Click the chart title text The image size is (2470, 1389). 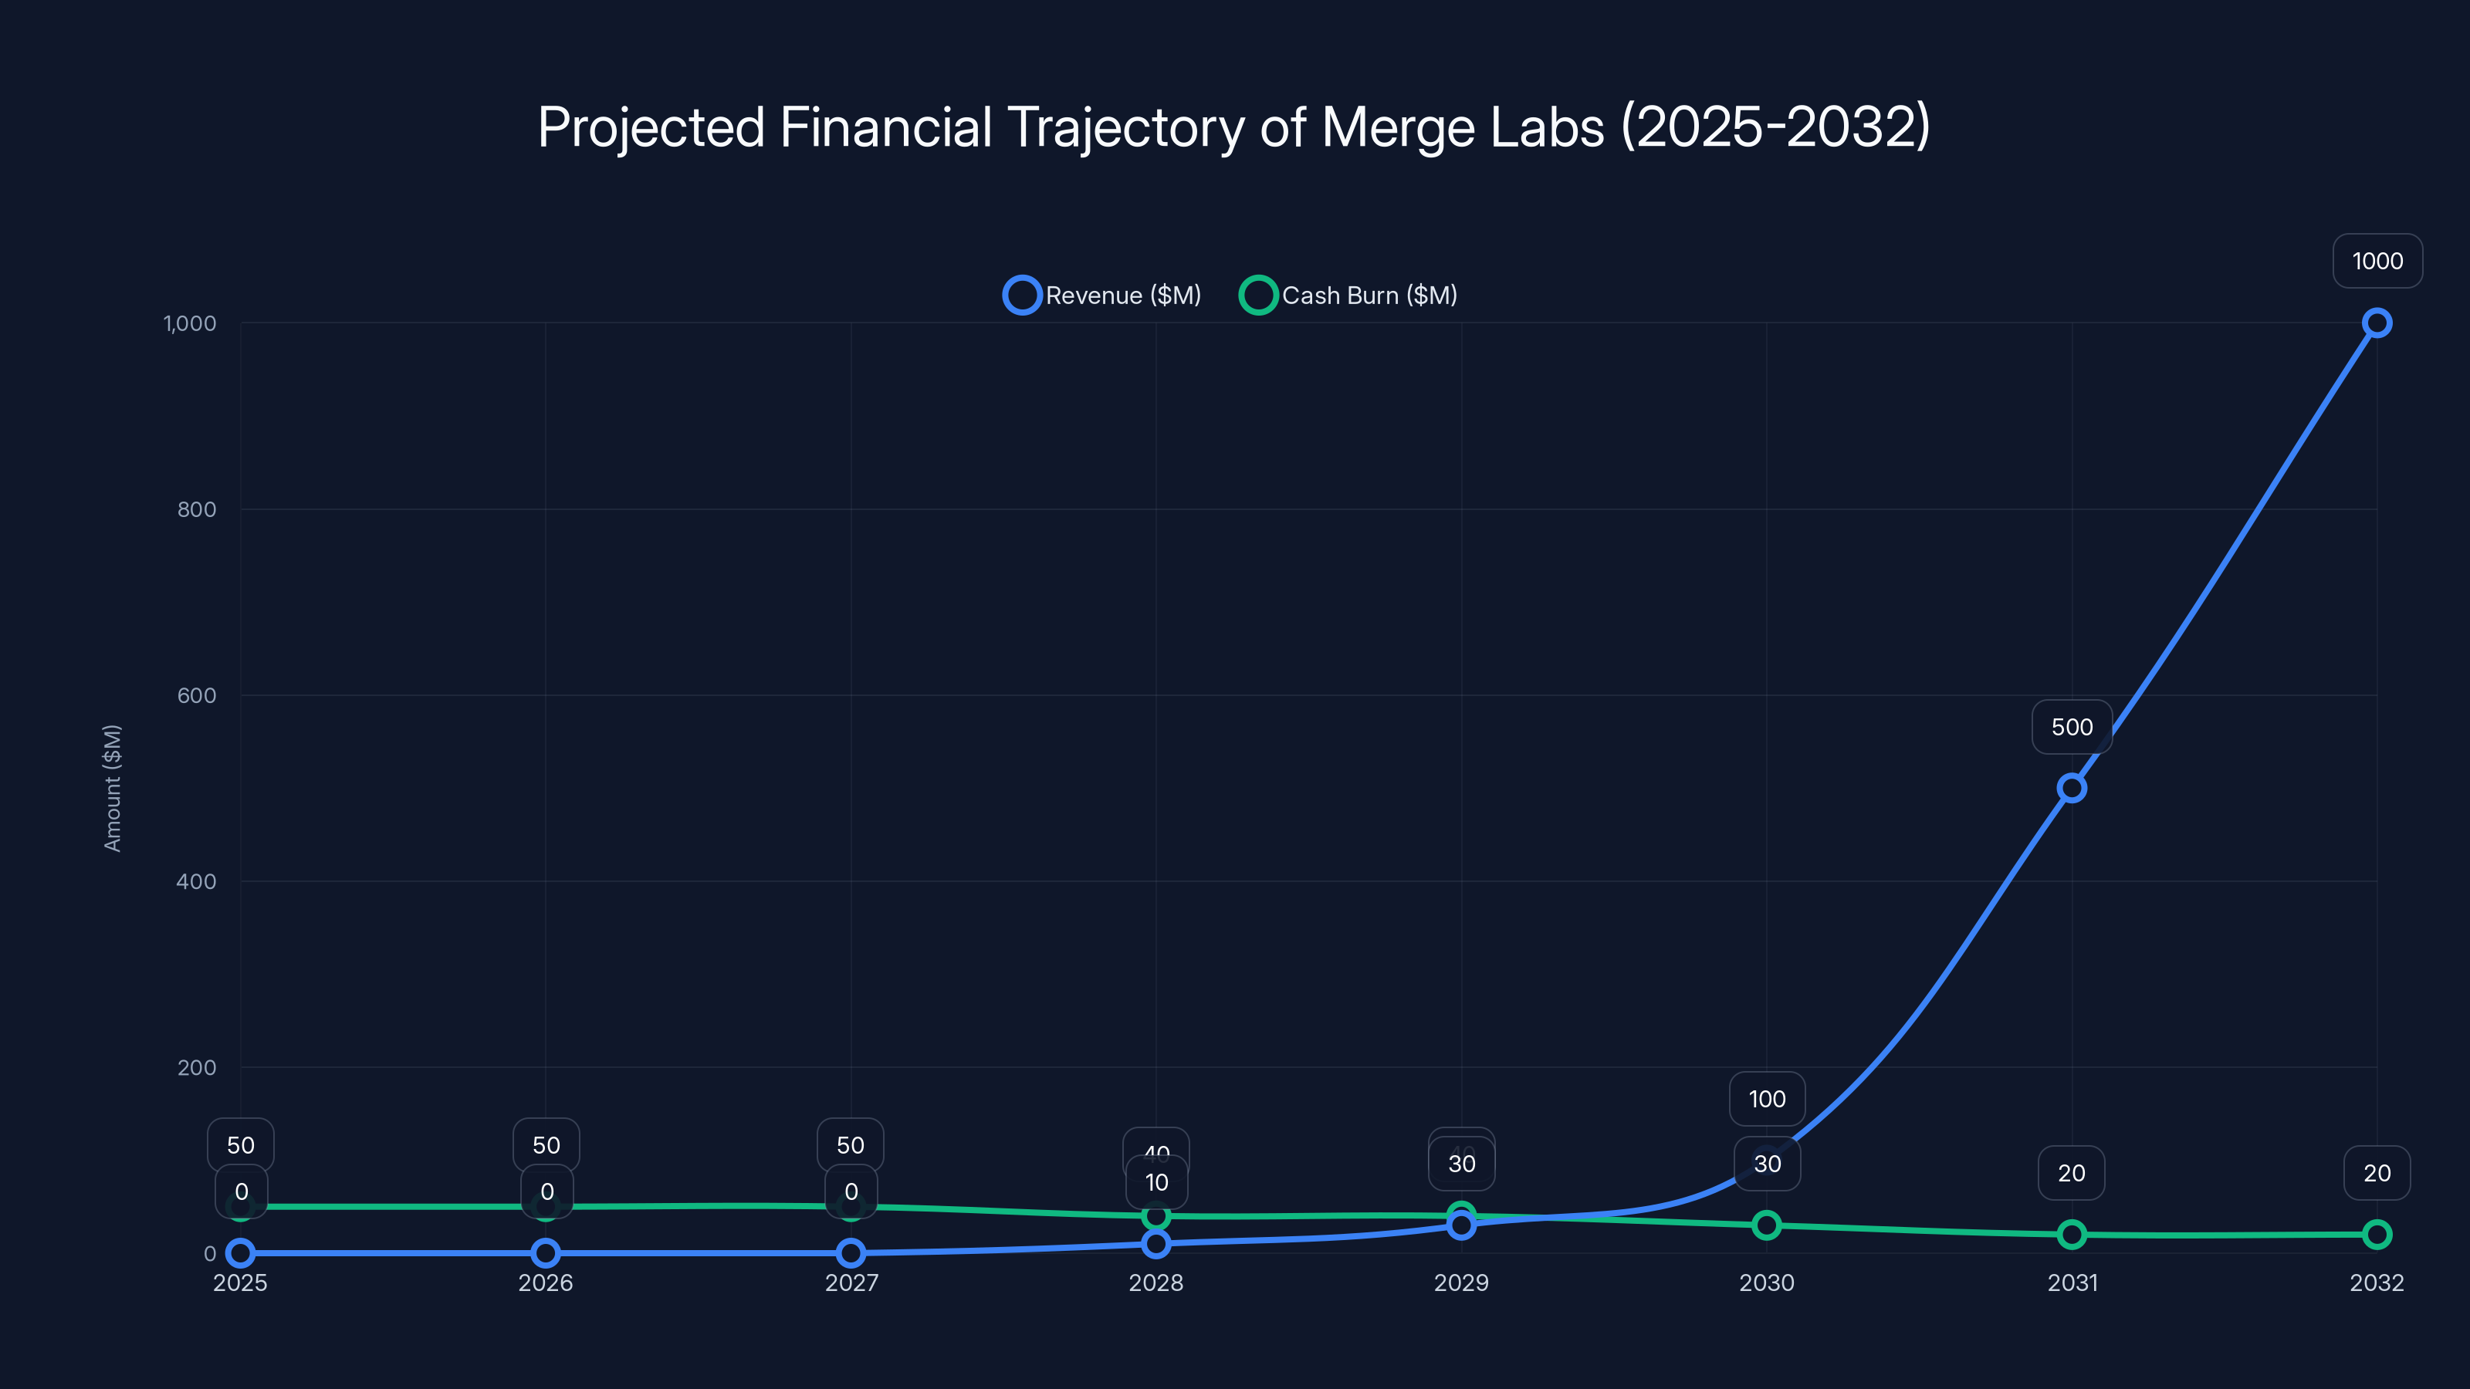pyautogui.click(x=1234, y=127)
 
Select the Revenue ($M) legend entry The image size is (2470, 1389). pyautogui.click(x=1103, y=296)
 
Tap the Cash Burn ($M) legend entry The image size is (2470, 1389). pyautogui.click(x=1349, y=296)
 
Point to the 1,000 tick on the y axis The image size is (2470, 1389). pyautogui.click(x=190, y=323)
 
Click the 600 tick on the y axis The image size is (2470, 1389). pyautogui.click(x=197, y=695)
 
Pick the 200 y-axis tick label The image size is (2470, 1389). pyautogui.click(x=197, y=1067)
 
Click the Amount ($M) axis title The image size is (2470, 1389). pyautogui.click(x=112, y=787)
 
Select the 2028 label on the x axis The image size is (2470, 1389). pyautogui.click(x=1155, y=1283)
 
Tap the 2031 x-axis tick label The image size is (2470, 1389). pyautogui.click(x=2072, y=1283)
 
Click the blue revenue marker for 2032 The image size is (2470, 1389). pyautogui.click(x=2376, y=323)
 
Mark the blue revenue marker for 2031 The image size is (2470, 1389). pyautogui.click(x=2071, y=788)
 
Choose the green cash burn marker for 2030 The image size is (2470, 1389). pyautogui.click(x=1766, y=1225)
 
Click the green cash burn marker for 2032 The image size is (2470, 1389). pyautogui.click(x=2376, y=1235)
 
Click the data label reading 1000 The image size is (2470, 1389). pyautogui.click(x=2377, y=261)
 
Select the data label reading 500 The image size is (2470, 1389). pyautogui.click(x=2071, y=727)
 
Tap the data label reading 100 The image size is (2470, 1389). pyautogui.click(x=1766, y=1099)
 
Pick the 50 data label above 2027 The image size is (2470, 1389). pyautogui.click(x=850, y=1144)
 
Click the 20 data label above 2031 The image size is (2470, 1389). pyautogui.click(x=2071, y=1172)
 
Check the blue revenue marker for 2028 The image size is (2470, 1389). pyautogui.click(x=1155, y=1243)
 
